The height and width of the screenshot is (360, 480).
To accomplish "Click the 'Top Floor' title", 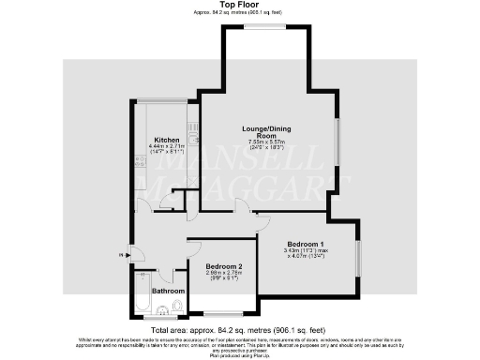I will [239, 6].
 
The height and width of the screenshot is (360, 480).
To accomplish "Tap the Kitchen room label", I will [167, 140].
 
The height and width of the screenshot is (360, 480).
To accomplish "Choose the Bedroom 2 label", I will [223, 267].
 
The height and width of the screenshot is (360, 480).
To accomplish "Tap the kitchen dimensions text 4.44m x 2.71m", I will [167, 147].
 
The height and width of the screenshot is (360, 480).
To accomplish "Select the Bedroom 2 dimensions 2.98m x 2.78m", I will [223, 275].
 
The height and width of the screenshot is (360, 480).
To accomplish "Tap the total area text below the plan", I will [239, 329].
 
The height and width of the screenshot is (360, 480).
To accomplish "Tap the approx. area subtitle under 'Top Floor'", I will [239, 13].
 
